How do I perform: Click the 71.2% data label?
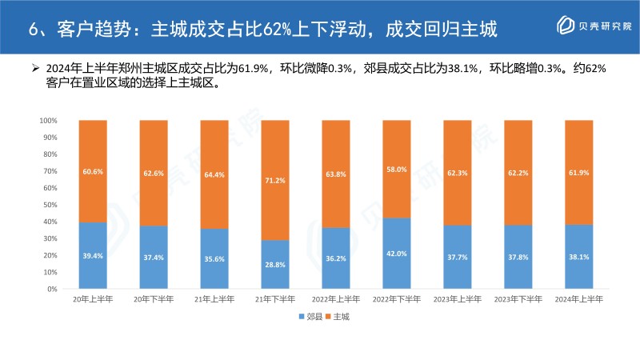(275, 182)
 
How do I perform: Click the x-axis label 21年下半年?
(275, 299)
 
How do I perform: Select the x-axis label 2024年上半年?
(579, 299)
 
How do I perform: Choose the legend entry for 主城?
(340, 317)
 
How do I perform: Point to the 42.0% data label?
(397, 253)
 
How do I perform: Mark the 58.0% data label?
(397, 170)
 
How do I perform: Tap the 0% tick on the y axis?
(51, 288)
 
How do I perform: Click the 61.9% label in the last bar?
(579, 173)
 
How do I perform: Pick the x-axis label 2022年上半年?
(336, 299)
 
